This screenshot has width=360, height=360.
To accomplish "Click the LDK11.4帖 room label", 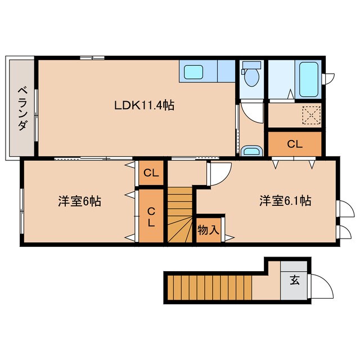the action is [144, 105].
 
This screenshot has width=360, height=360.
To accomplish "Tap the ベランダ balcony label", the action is [23, 109].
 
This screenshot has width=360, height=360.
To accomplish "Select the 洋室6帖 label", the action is [79, 201].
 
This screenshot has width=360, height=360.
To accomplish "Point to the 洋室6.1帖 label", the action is [285, 200].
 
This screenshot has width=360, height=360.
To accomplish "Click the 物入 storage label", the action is [209, 230].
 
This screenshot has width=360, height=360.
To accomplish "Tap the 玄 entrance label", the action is [295, 280].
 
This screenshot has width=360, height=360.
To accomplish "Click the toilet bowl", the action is [251, 74].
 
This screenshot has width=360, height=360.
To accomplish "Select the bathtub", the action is [309, 79].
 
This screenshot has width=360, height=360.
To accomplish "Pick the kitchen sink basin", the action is [193, 71].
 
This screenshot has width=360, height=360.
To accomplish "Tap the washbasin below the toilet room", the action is [251, 151].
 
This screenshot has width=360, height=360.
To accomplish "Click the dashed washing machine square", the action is [311, 115].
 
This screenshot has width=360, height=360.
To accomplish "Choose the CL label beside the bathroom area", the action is [295, 144].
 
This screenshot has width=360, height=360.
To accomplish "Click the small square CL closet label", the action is [151, 173].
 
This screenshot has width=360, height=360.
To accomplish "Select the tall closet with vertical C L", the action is [151, 216].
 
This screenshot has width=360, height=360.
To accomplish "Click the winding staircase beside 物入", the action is [180, 215].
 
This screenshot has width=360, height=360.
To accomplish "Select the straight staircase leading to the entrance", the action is [210, 287].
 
